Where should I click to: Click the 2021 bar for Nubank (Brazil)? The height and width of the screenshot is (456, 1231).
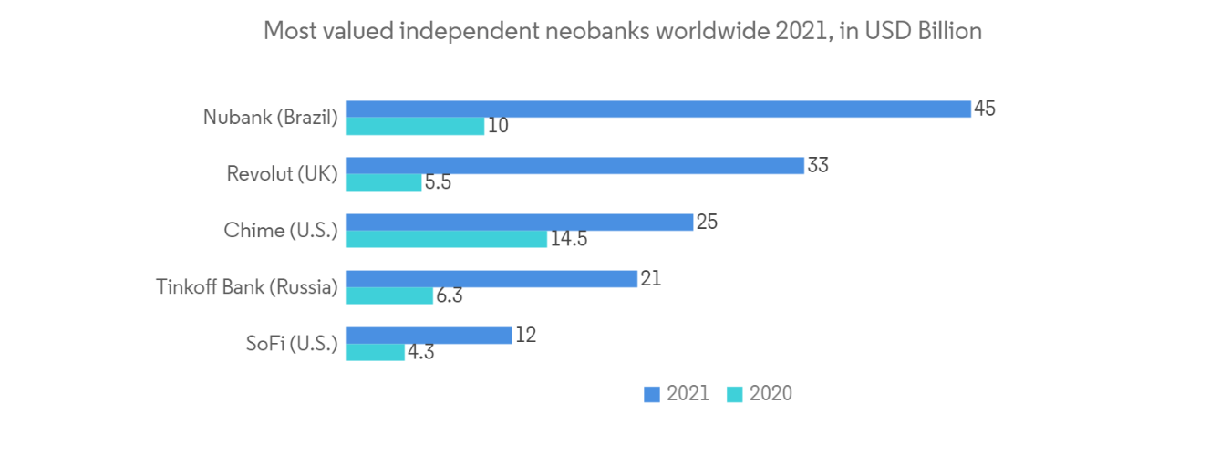pos(657,109)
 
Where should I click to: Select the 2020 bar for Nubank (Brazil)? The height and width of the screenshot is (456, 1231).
pos(415,126)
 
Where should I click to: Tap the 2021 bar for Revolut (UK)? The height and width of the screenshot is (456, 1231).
pos(574,165)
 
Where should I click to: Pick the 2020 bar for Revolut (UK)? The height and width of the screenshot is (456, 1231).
pos(384,182)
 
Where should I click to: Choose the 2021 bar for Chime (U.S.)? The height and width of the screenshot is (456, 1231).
pos(519,222)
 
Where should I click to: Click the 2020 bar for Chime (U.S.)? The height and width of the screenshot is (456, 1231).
pos(447,239)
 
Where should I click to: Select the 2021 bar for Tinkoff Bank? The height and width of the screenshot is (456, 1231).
pos(491,278)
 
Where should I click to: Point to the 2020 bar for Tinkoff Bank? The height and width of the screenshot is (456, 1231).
pos(389,295)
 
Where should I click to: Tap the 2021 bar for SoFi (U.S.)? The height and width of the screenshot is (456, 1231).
pos(429,335)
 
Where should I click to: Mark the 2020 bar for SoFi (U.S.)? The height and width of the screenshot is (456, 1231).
pos(375,352)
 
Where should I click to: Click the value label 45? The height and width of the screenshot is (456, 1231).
pos(984,109)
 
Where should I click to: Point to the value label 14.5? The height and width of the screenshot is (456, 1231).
pos(568,239)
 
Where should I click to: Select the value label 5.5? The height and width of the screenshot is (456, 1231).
pos(438,182)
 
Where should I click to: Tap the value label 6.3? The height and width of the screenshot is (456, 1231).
pos(449,295)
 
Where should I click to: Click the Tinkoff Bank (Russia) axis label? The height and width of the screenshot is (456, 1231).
pos(246,286)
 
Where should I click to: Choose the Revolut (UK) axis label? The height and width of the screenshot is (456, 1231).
pos(282,173)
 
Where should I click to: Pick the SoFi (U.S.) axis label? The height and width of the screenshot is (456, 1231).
pos(291,344)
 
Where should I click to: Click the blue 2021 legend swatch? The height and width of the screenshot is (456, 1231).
pos(652,394)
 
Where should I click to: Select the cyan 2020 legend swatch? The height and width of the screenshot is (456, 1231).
pos(734,394)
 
